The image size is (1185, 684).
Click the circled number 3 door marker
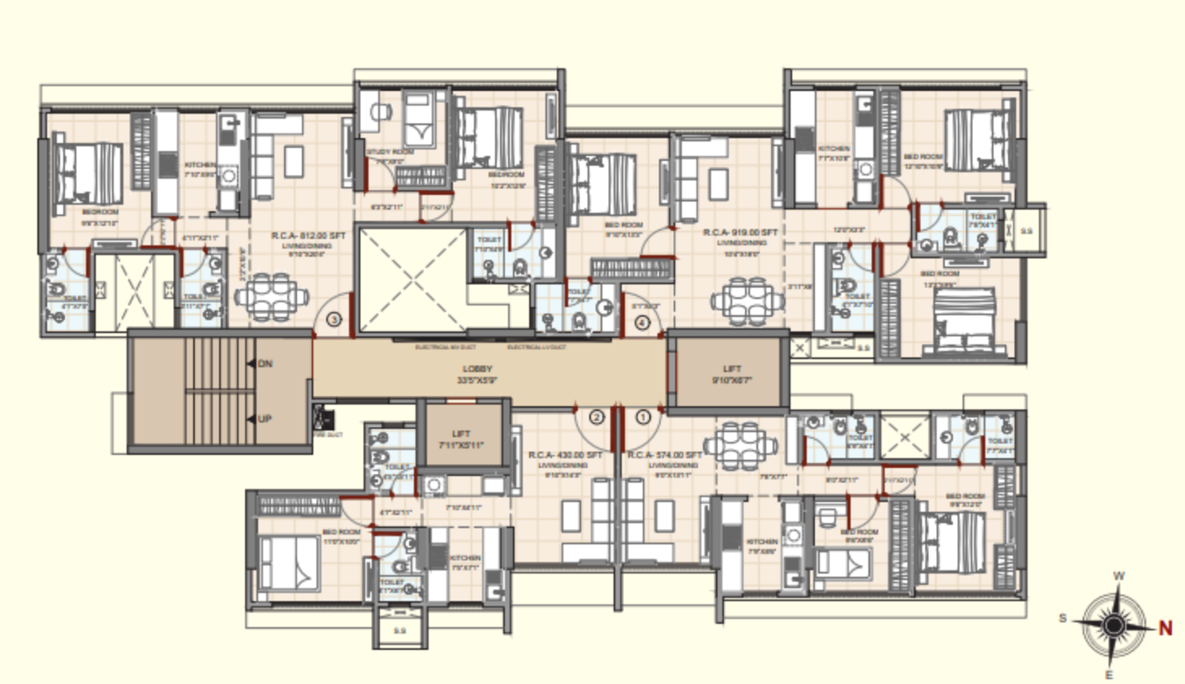pos(334,320)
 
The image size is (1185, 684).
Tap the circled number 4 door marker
pos(642,323)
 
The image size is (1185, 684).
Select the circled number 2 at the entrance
pos(597,418)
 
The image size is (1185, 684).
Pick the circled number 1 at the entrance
pos(643,418)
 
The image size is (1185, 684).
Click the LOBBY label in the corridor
pos(477,370)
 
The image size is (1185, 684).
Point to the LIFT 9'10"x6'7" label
pos(732,374)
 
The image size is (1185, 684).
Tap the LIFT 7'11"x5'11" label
pos(461,439)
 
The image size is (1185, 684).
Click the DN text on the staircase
pos(265,364)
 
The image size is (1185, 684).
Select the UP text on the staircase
pos(265,419)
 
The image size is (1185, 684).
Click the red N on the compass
pos(1166,627)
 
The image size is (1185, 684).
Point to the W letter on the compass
pos(1118,576)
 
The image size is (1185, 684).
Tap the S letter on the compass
pos(1062,619)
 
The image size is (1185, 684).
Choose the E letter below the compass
pos(1110,674)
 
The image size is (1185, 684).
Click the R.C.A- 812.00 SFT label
pos(308,236)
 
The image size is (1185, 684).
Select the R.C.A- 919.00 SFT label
pos(740,232)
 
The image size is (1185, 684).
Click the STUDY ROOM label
pos(390,152)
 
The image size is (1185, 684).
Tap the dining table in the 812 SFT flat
pos(271,295)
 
